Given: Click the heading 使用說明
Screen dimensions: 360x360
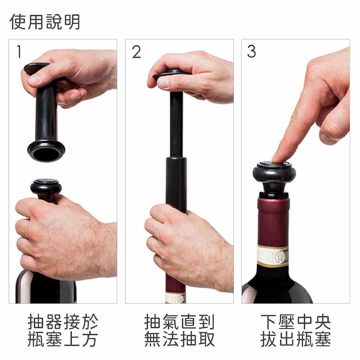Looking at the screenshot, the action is pyautogui.click(x=45, y=22).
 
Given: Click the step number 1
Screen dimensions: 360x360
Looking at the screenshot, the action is pyautogui.click(x=19, y=51).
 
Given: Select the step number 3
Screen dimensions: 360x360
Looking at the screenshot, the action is pyautogui.click(x=251, y=51).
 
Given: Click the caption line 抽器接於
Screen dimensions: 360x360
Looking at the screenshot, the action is pyautogui.click(x=63, y=321).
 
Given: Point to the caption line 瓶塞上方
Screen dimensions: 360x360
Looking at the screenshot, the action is pyautogui.click(x=63, y=339).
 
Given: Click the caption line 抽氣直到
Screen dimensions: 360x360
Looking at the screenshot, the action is pyautogui.click(x=179, y=321).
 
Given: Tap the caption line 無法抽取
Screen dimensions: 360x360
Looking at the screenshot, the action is pyautogui.click(x=179, y=339).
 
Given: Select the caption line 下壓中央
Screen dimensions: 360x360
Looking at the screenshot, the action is pyautogui.click(x=296, y=321).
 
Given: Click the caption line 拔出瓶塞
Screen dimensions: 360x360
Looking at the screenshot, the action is pyautogui.click(x=296, y=339).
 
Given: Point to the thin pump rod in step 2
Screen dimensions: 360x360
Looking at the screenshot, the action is pyautogui.click(x=176, y=124).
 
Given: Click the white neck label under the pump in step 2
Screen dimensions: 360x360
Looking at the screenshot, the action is pyautogui.click(x=176, y=298).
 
